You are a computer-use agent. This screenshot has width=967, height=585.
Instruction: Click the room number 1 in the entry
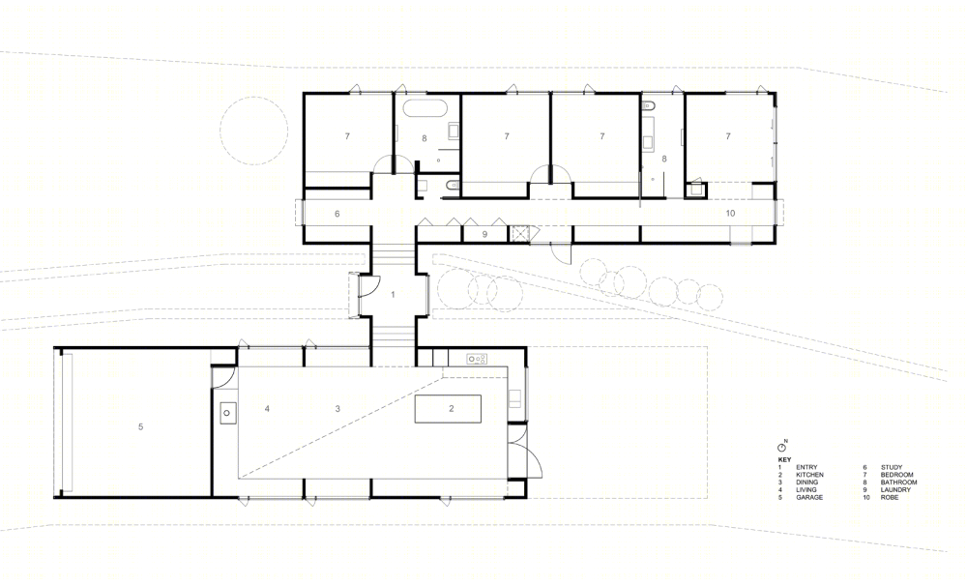tap(393, 295)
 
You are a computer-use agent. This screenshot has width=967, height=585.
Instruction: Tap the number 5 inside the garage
tap(140, 426)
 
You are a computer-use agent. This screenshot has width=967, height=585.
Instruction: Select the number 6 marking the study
tap(337, 214)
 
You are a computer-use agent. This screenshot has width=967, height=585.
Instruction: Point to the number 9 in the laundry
tap(484, 234)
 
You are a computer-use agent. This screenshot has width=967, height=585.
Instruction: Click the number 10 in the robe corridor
tap(731, 214)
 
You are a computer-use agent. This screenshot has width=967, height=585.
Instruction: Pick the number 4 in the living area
tap(267, 408)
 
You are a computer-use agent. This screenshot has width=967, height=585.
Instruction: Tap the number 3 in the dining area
tap(337, 408)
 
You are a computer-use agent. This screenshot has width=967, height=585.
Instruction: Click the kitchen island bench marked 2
tap(449, 409)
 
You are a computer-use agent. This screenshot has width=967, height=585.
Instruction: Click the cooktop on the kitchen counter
tap(477, 358)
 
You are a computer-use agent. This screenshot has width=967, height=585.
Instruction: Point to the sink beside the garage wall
tap(227, 412)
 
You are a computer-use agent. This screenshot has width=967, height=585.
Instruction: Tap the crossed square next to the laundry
tap(516, 234)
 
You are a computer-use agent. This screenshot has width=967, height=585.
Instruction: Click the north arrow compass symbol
tap(781, 447)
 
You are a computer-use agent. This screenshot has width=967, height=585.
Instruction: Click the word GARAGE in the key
tap(809, 497)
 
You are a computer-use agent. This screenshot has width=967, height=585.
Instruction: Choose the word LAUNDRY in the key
tap(895, 490)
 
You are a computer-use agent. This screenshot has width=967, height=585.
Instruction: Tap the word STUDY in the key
tap(892, 468)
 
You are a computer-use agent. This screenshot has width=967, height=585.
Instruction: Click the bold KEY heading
tap(784, 460)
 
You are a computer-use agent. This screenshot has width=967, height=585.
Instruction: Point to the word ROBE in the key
tap(890, 497)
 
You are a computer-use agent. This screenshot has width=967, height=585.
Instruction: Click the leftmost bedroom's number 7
tap(347, 136)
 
